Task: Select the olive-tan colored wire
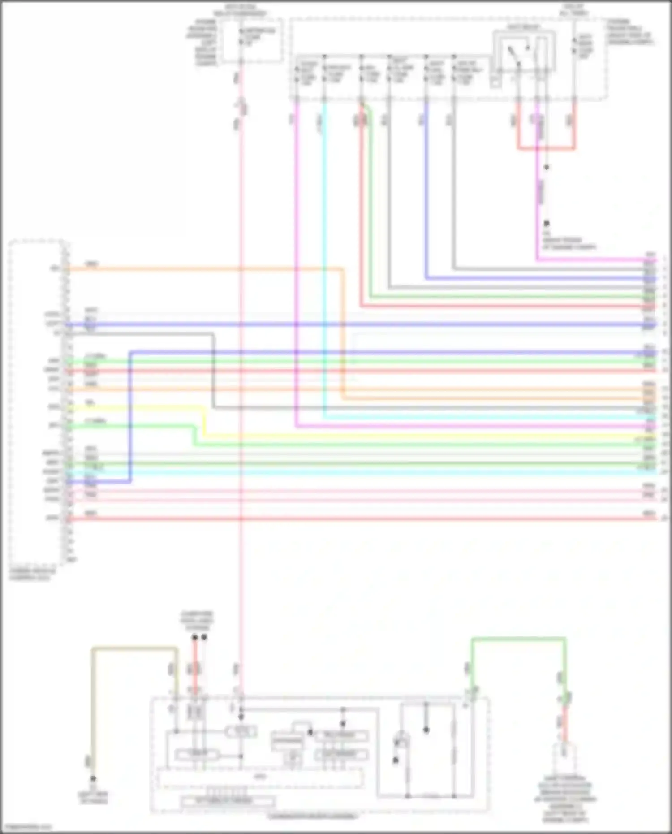[134, 648]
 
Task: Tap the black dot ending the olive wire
[93, 778]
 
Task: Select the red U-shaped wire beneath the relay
[547, 148]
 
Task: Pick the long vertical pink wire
[241, 583]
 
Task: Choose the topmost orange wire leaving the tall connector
[202, 269]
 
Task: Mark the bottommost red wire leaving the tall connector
[358, 519]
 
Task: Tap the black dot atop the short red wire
[195, 637]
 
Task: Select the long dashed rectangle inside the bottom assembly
[260, 778]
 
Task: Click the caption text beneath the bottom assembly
[312, 816]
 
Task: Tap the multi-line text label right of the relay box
[629, 31]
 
